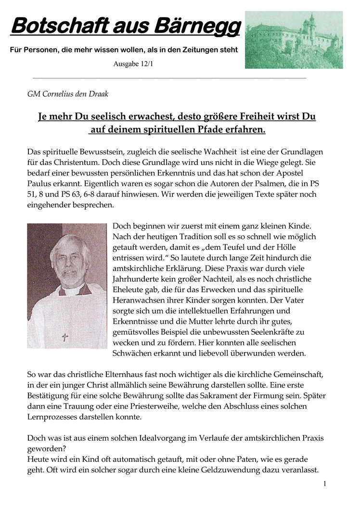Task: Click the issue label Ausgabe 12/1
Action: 134,64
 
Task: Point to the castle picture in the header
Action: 294,40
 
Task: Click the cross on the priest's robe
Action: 65,337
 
